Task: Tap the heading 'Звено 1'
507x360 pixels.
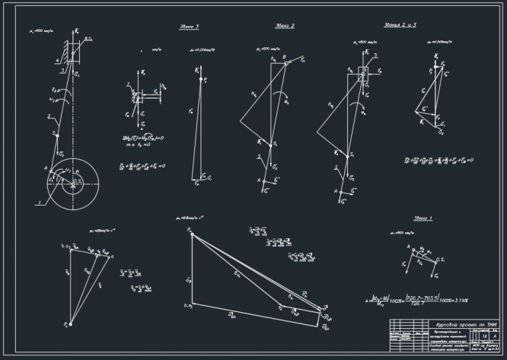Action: coord(423,217)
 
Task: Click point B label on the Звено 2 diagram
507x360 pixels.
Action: coord(283,56)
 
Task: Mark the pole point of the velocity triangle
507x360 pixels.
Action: coord(67,325)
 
